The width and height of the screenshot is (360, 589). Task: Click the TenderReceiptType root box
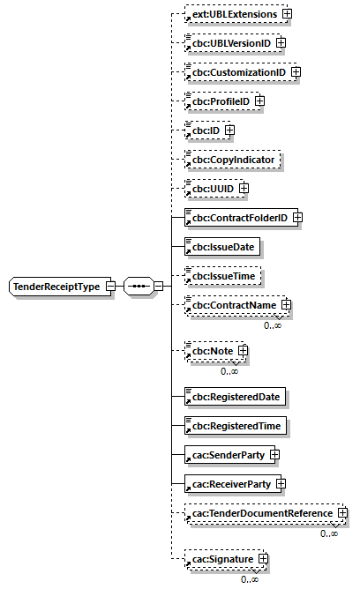tap(56, 287)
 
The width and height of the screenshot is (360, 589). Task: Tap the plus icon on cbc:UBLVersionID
tap(281, 41)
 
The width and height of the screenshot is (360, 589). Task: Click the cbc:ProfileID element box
tap(219, 101)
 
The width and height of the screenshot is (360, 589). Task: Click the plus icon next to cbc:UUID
tap(244, 189)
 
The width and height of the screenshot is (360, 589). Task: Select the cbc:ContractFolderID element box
tap(237, 217)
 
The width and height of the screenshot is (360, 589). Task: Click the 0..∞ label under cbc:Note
tap(230, 371)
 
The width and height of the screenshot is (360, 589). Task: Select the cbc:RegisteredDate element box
tap(233, 396)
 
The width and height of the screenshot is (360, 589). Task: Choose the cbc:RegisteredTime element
tap(233, 426)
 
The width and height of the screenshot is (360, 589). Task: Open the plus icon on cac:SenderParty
tap(274, 455)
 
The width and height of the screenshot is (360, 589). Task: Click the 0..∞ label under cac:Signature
tap(251, 578)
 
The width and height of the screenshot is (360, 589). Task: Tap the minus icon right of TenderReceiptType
tap(110, 287)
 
